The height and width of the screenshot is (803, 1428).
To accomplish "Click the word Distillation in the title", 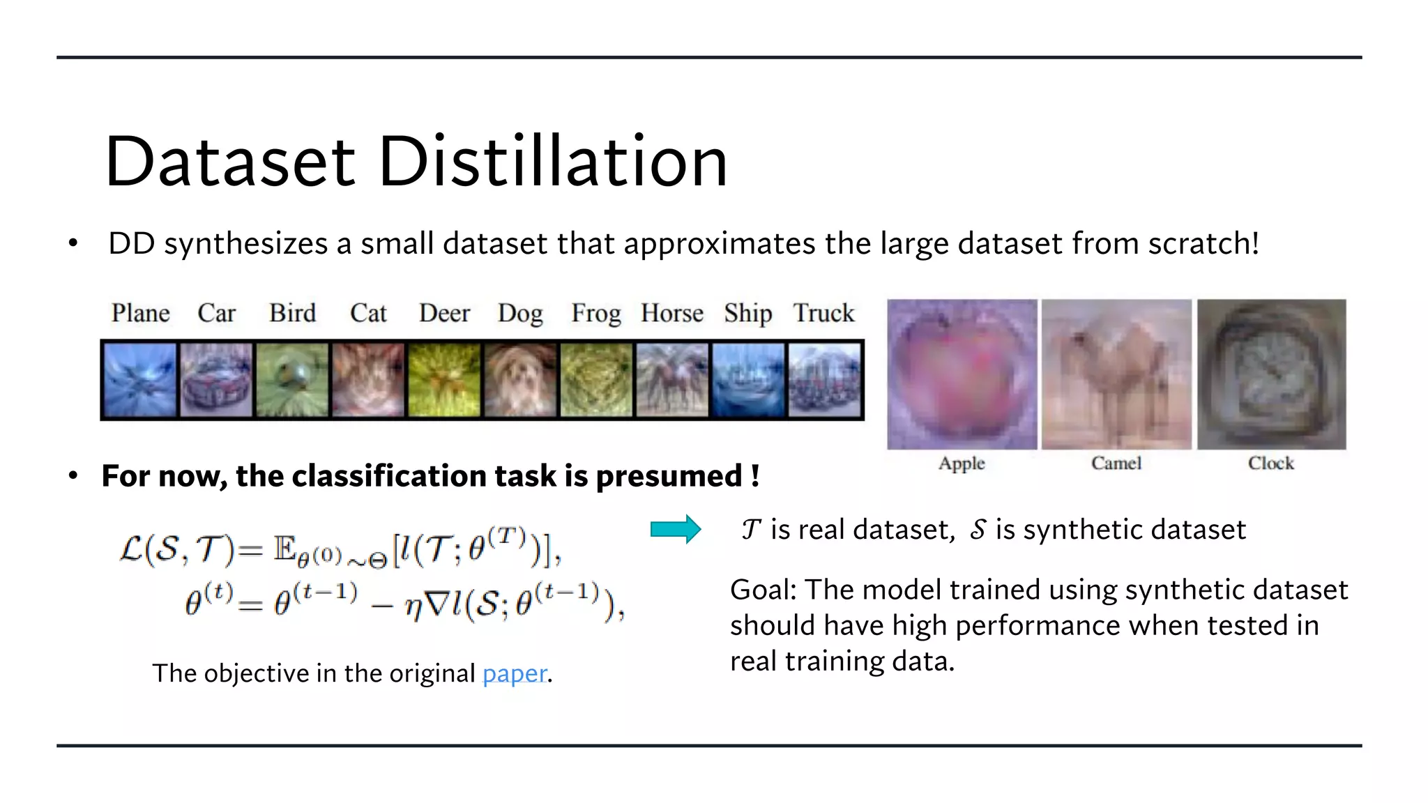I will tap(553, 162).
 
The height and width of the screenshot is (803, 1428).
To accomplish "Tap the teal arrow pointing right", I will tap(675, 530).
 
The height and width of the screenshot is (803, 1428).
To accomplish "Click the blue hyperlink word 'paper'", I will tap(515, 673).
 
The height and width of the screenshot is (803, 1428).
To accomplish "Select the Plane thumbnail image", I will tap(140, 380).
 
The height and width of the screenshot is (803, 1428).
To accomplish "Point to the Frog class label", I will tap(595, 314).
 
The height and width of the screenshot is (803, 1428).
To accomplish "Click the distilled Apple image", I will tap(962, 374).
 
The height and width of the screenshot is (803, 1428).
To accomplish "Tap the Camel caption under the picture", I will tap(1116, 464).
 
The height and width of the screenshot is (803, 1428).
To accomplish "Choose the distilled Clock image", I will tap(1271, 374).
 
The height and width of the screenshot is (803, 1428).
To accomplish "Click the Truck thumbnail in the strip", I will tap(825, 380).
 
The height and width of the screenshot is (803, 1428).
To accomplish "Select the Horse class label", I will tap(671, 314).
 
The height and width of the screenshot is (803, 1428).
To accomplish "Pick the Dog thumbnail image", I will tap(520, 380).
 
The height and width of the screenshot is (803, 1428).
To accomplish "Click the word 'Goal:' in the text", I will tap(763, 590).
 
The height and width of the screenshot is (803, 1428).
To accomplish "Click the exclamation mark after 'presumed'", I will tap(755, 476).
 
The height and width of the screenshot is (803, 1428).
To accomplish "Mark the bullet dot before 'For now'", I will tap(73, 476).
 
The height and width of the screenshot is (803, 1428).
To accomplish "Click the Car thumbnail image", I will tap(216, 380).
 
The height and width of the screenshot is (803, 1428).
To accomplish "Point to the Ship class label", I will tap(747, 314).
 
